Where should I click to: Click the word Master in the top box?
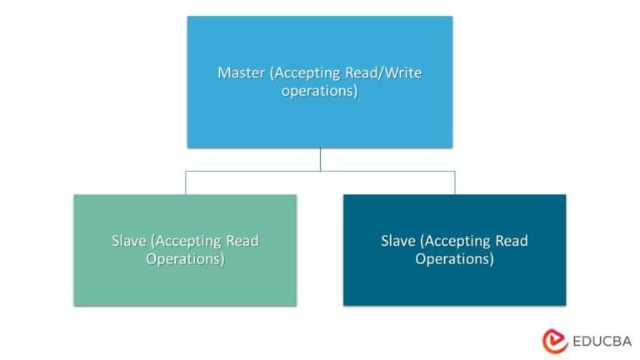pos(241,72)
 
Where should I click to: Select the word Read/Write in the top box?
pos(383,72)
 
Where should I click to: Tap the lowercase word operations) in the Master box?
pos(320,91)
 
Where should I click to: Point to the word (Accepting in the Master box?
pos(305,73)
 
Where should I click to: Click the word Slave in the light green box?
pos(129,241)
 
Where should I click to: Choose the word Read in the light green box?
pos(242,241)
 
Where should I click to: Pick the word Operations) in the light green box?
pos(185,259)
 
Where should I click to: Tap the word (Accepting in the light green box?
pos(186,242)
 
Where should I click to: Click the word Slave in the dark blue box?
pos(398,241)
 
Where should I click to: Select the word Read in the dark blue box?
pos(512,241)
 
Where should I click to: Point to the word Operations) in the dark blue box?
pos(455,259)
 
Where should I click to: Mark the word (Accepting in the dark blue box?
pos(456,242)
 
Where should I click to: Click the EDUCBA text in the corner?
pos(602,341)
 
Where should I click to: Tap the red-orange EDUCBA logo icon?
pos(555,341)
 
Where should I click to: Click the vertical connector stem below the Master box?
pos(320,160)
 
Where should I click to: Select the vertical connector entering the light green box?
pos(186,182)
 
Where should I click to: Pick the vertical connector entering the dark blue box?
pos(455,182)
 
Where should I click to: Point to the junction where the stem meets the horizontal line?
pos(320,172)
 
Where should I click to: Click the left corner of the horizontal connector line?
pos(186,172)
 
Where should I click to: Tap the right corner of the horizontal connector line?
pos(455,172)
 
